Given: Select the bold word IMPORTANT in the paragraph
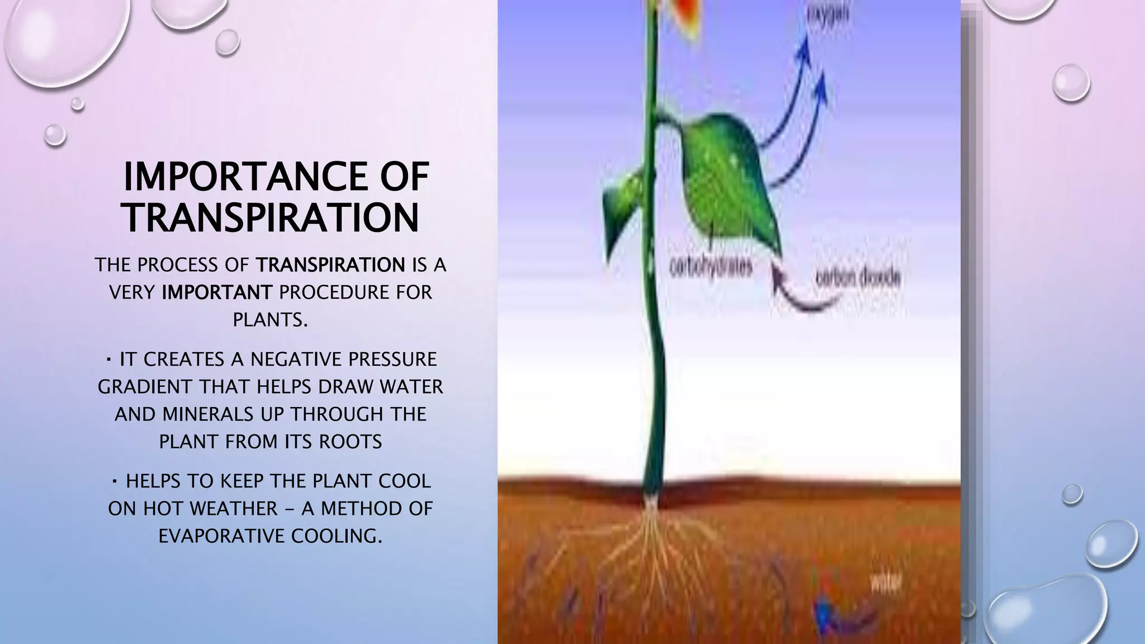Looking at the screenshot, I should [217, 292].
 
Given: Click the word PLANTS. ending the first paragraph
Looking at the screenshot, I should [271, 320].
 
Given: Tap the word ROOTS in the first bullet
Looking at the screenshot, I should [351, 442].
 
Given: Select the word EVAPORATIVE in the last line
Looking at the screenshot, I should [222, 536].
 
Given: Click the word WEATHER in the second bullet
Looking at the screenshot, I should [234, 509].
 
